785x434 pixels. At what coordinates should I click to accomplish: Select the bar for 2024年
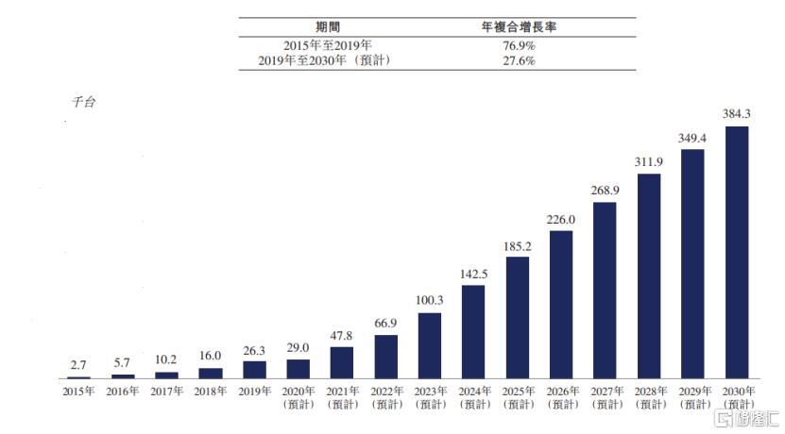point(473,331)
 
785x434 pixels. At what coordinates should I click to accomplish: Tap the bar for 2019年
point(254,369)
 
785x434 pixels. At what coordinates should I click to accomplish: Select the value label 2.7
point(79,365)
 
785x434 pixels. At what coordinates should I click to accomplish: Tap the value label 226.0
point(561,220)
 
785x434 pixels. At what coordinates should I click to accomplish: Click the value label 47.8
point(342,336)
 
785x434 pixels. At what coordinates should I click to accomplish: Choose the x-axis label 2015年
point(79,391)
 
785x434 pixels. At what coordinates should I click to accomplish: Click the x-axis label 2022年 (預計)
point(386,397)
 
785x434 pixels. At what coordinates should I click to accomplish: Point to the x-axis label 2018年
point(211,391)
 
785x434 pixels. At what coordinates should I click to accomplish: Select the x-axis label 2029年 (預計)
point(692,397)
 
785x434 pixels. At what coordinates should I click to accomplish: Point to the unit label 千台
point(83,101)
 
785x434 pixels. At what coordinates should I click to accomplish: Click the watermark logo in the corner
point(746,417)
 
